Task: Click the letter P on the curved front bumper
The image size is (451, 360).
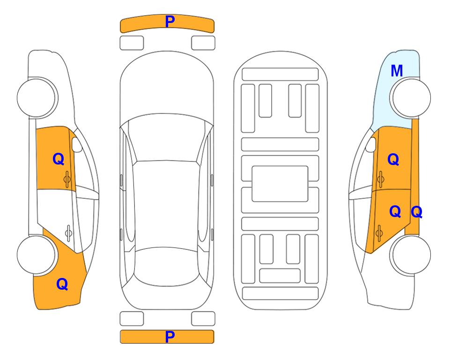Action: click(x=170, y=21)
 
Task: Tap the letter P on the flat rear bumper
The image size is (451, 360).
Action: click(x=170, y=337)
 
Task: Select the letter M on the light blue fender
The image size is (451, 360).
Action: click(x=397, y=71)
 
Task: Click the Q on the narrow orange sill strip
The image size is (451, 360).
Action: click(x=416, y=212)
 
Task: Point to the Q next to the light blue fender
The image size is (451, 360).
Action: click(x=393, y=159)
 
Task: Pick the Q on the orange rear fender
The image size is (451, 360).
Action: click(x=62, y=284)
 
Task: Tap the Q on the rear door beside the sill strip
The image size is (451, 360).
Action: click(x=395, y=211)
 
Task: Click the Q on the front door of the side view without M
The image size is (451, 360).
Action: click(x=59, y=159)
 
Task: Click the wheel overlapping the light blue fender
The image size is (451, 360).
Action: click(x=410, y=98)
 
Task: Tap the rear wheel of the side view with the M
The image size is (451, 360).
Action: click(x=410, y=255)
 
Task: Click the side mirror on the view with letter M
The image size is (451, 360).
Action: click(x=370, y=144)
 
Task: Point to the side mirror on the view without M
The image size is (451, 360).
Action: click(x=77, y=144)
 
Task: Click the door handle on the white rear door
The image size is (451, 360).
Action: click(x=68, y=233)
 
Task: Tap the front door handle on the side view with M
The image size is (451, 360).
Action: click(x=381, y=179)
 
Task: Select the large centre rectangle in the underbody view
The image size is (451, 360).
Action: click(x=280, y=184)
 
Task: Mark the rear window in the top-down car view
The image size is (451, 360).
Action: click(x=166, y=266)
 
